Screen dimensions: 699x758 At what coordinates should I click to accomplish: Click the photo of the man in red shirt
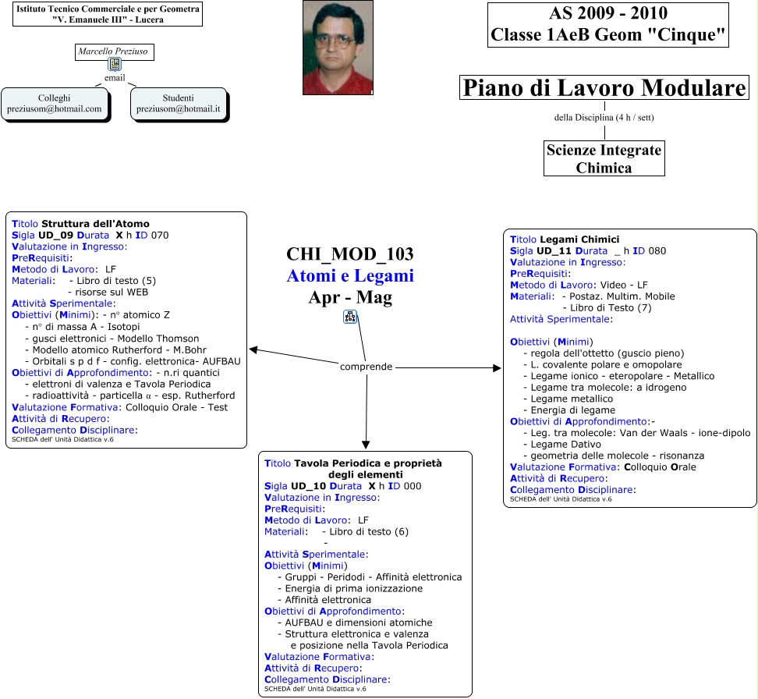point(338,48)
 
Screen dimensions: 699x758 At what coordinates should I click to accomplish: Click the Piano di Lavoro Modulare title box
point(604,88)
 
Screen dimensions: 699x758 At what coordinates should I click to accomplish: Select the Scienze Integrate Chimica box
point(604,158)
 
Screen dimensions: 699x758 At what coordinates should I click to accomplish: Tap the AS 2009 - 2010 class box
point(608,25)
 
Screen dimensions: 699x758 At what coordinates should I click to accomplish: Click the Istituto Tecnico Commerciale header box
point(108,14)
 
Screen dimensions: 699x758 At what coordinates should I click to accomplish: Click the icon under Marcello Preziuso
point(115,65)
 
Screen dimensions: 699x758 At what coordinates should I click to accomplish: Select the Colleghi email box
point(54,104)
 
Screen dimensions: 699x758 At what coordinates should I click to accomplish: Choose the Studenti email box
point(179,104)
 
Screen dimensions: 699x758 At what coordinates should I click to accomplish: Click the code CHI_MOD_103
point(349,254)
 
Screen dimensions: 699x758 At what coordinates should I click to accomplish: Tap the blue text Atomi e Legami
point(349,276)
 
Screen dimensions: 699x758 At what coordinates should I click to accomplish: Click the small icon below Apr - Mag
point(349,316)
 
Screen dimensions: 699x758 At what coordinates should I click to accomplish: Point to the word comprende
point(366,367)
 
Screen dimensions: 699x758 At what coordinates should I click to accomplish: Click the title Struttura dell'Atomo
point(95,224)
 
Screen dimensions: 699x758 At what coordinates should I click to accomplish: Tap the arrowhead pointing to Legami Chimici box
point(497,367)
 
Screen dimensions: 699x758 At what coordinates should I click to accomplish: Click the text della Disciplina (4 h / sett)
point(604,118)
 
